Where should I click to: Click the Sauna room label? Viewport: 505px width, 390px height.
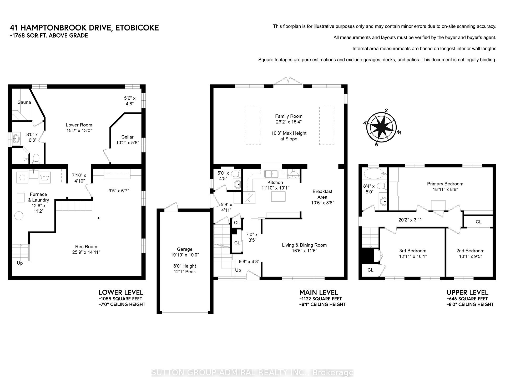(x=24, y=102)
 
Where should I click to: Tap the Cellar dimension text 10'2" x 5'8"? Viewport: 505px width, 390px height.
(x=127, y=142)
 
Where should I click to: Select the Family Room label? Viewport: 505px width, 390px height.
(x=289, y=116)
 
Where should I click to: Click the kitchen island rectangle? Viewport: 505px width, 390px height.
(x=278, y=196)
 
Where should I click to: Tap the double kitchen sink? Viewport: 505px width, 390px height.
(x=271, y=174)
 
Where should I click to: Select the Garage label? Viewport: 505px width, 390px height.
(x=185, y=249)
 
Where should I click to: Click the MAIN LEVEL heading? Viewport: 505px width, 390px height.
(x=319, y=292)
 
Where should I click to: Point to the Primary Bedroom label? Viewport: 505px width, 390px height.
(x=445, y=184)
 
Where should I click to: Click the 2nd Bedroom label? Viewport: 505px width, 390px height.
(x=470, y=251)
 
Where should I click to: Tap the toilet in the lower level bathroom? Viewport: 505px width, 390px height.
(x=36, y=159)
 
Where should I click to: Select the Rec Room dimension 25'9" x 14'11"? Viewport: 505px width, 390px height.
(x=86, y=252)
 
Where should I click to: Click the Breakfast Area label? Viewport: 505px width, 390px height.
(x=322, y=194)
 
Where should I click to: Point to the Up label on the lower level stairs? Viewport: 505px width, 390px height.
(x=20, y=263)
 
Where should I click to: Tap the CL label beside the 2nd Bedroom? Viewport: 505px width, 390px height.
(x=478, y=222)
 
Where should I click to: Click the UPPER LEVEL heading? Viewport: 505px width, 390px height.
(x=467, y=292)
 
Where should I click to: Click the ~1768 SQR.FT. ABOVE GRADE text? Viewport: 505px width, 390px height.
(x=49, y=35)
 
